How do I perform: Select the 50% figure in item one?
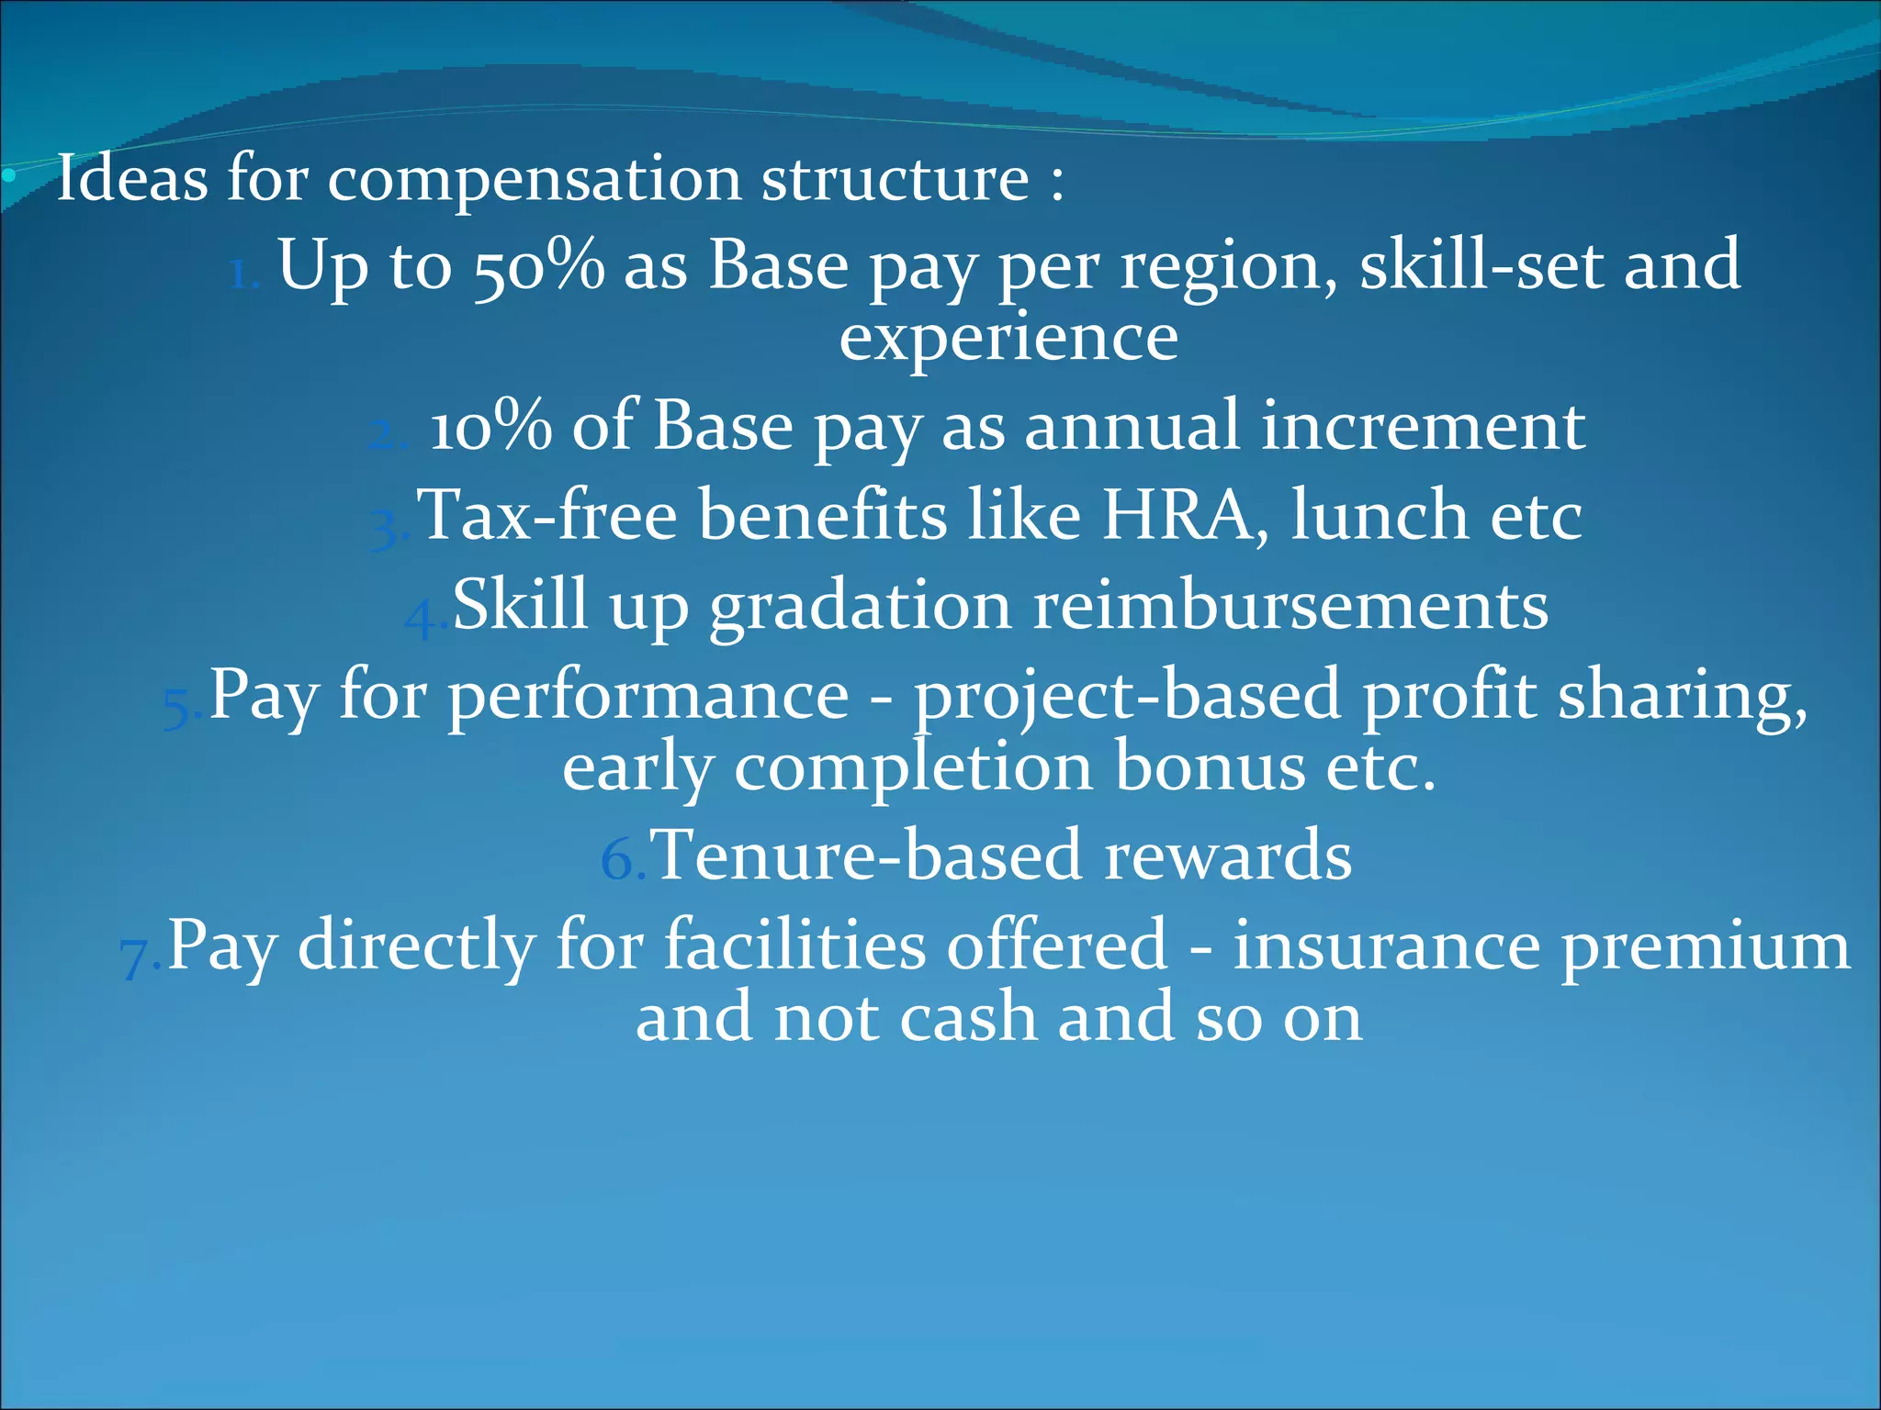(x=539, y=266)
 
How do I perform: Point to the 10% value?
(x=490, y=427)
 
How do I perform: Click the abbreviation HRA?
(x=1177, y=515)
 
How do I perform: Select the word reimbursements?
(x=1290, y=605)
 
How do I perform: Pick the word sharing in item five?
(x=1683, y=696)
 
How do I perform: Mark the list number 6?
(x=619, y=861)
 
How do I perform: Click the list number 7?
(x=136, y=957)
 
